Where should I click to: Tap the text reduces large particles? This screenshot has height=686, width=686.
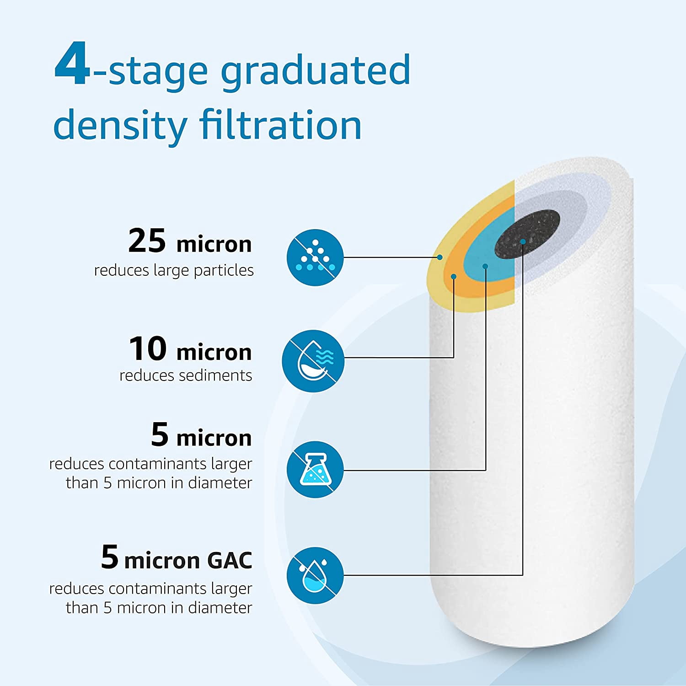174,270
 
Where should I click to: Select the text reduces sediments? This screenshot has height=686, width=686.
186,375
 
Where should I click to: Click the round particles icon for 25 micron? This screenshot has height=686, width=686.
315,257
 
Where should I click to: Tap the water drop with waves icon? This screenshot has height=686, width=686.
313,361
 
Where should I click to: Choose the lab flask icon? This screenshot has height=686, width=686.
315,470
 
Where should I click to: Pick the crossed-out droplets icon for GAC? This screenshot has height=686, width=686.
315,575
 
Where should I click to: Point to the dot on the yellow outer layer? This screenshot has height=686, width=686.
440,257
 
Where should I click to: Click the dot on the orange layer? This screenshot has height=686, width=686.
454,276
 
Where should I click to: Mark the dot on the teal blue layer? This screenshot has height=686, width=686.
485,266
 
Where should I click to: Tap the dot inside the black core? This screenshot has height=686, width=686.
523,241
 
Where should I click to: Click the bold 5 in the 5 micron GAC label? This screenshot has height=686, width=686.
110,557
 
